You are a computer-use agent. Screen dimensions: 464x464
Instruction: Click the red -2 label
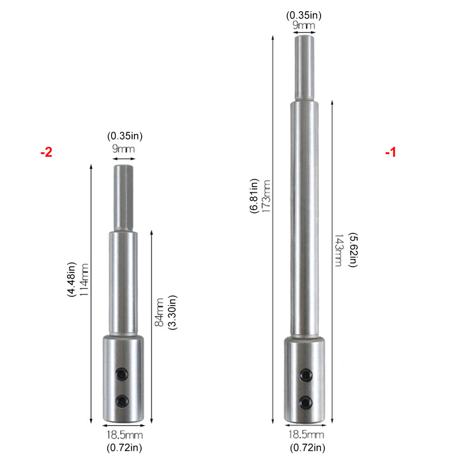coord(46,152)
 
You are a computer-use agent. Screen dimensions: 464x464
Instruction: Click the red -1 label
coord(390,152)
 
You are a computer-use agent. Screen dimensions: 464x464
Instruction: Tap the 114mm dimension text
coord(84,280)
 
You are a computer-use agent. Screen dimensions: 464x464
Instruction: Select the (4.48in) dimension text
coord(72,279)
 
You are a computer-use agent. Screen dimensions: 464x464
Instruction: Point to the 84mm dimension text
coord(159,312)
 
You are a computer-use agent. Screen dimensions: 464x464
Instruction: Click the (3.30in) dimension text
coord(172,312)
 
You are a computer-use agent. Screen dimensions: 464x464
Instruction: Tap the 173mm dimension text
coord(266,196)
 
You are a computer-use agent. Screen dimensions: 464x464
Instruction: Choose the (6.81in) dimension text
coord(254,196)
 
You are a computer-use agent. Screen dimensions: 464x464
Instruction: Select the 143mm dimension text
coord(338,250)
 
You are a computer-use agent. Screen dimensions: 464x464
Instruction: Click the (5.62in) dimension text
coord(353,250)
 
